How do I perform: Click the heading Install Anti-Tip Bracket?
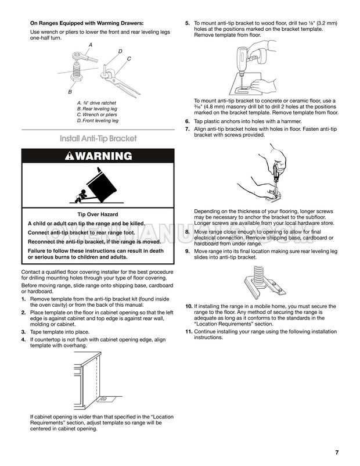[98, 139]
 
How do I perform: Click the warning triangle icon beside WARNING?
[70, 156]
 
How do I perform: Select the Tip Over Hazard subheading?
[98, 214]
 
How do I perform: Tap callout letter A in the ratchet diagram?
[91, 45]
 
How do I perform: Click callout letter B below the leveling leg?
[70, 92]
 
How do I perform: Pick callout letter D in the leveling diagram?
[120, 52]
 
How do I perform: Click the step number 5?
[187, 23]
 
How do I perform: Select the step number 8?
[187, 232]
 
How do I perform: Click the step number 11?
[189, 332]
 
